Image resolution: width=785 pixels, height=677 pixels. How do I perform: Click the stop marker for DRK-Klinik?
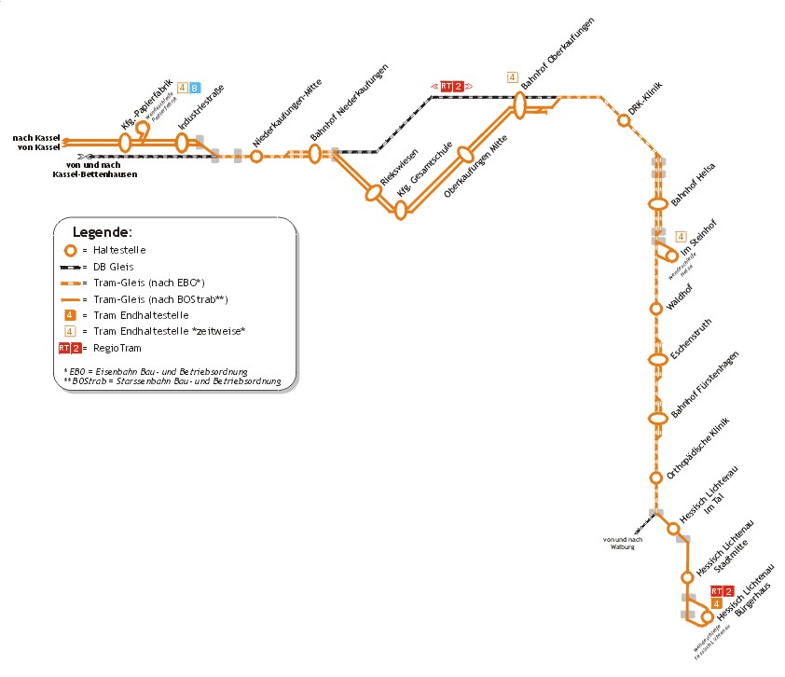point(624,120)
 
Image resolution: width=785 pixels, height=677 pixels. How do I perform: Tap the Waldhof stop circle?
point(656,309)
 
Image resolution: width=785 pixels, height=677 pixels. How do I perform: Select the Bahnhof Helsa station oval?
point(657,202)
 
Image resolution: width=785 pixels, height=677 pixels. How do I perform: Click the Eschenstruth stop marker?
point(657,359)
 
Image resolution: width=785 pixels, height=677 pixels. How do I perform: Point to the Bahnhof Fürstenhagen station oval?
point(658,418)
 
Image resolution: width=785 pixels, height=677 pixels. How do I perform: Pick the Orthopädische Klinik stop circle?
point(655,477)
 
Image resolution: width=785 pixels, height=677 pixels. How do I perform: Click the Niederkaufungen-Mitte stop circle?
point(256,157)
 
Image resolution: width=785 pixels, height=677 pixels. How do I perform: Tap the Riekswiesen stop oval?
point(375,193)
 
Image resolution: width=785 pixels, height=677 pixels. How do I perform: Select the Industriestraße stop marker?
point(183,142)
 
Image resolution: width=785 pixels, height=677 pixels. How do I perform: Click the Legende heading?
point(103,231)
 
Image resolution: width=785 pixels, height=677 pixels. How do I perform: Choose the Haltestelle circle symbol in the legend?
point(69,250)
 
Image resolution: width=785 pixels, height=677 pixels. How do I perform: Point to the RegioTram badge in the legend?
point(70,348)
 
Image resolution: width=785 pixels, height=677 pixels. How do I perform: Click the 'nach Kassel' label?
point(36,138)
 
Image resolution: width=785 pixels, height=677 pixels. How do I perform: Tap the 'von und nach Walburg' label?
point(623,544)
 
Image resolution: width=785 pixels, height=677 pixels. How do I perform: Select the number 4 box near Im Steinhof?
point(681,236)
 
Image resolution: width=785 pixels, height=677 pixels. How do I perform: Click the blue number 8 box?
point(194,88)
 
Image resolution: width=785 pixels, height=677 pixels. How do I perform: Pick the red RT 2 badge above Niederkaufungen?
point(451,86)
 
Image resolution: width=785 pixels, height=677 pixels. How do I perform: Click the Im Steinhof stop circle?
point(671,256)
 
